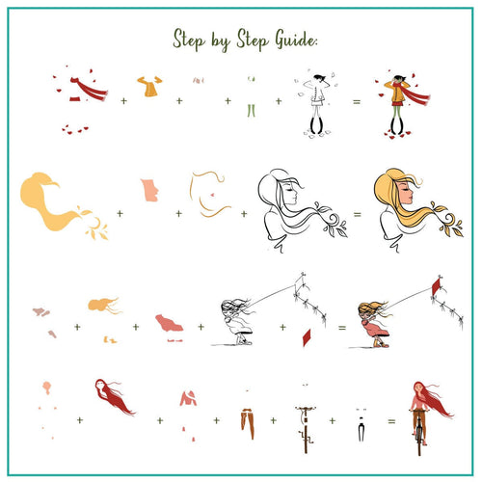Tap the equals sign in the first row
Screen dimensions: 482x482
coord(357,102)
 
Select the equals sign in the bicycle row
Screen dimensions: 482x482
coord(391,421)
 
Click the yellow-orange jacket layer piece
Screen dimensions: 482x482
coord(149,86)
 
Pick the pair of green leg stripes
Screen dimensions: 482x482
coord(252,111)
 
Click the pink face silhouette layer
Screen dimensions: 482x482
coord(149,190)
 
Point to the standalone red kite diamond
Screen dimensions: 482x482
coord(307,337)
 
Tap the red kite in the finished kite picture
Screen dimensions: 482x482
coord(436,286)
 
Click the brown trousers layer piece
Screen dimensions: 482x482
coord(248,423)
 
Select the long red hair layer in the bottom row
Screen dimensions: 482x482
coord(115,396)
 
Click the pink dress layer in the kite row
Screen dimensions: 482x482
coord(169,323)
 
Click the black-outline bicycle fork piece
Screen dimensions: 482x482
coord(361,429)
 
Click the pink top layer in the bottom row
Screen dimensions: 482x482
coord(188,398)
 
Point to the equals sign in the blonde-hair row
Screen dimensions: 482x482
coord(358,214)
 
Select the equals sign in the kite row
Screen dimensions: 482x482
coord(342,328)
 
